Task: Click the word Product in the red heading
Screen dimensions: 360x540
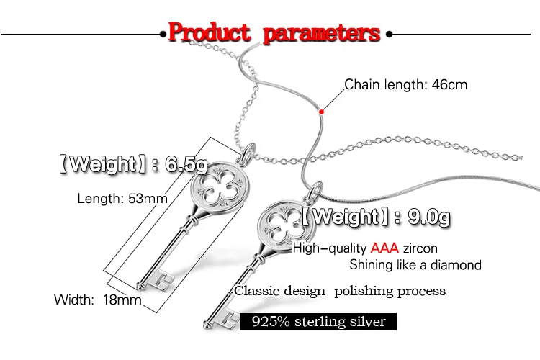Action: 209,33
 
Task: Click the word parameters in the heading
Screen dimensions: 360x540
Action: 322,33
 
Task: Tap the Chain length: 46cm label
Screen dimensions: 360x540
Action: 405,85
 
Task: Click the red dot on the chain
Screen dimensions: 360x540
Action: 321,111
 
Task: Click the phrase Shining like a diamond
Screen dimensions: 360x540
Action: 415,266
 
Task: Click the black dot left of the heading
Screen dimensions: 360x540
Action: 161,33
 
